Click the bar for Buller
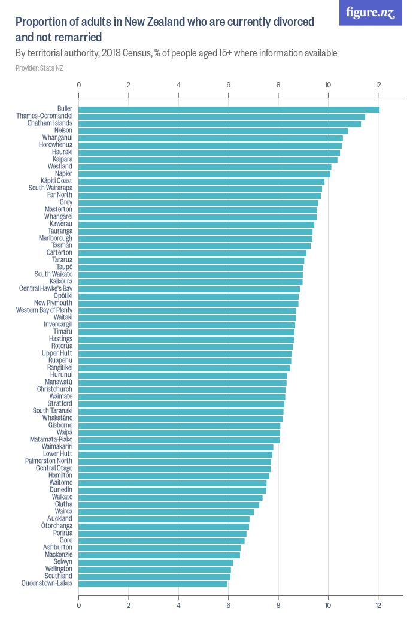[x=229, y=109]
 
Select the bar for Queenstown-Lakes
[x=153, y=583]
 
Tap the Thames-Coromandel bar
[x=221, y=116]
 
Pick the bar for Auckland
[x=164, y=519]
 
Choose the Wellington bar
[x=154, y=569]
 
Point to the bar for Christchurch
[x=182, y=389]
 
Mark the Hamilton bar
[x=174, y=476]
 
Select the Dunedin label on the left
[x=61, y=490]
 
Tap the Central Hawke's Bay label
[x=45, y=289]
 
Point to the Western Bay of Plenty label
[x=44, y=310]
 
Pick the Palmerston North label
[x=49, y=461]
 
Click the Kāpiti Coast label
[x=56, y=181]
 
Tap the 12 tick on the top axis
[x=378, y=85]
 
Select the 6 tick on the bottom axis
[x=228, y=605]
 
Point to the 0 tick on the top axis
[x=79, y=85]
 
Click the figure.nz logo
[x=371, y=13]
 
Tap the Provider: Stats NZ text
[x=40, y=68]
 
